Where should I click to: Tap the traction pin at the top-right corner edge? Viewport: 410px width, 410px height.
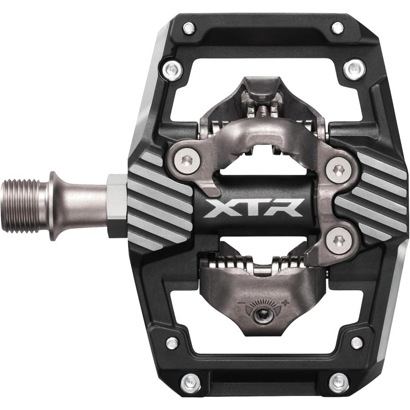click(338, 28)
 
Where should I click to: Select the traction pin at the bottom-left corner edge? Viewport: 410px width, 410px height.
click(190, 382)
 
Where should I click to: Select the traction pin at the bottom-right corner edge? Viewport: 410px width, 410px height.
click(339, 381)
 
